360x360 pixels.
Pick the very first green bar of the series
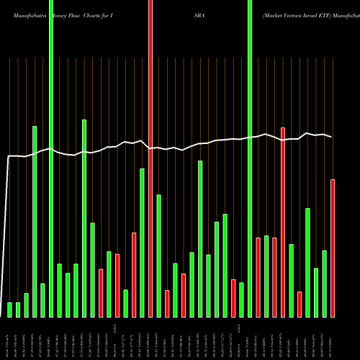click(x=10, y=310)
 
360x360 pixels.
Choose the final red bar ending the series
click(x=333, y=248)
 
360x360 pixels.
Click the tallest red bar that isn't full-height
click(x=283, y=222)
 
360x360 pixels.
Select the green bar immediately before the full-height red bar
click(x=143, y=243)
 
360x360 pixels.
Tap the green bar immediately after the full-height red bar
click(x=158, y=256)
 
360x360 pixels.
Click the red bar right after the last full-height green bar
click(x=258, y=276)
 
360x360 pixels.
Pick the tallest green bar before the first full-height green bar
click(x=35, y=221)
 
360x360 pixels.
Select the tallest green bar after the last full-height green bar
click(x=307, y=262)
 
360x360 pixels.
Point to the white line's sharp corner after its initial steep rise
click(x=9, y=156)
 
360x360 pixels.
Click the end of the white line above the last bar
click(x=332, y=137)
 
